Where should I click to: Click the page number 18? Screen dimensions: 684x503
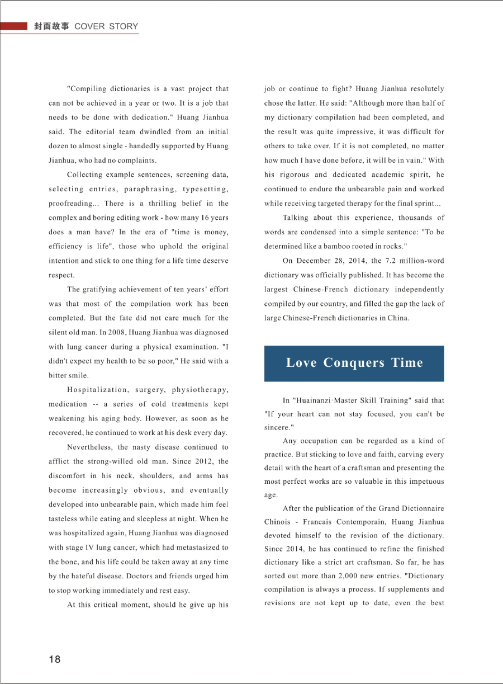point(55,659)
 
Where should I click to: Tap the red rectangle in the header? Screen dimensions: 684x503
point(14,26)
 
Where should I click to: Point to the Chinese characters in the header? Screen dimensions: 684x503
point(51,26)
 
